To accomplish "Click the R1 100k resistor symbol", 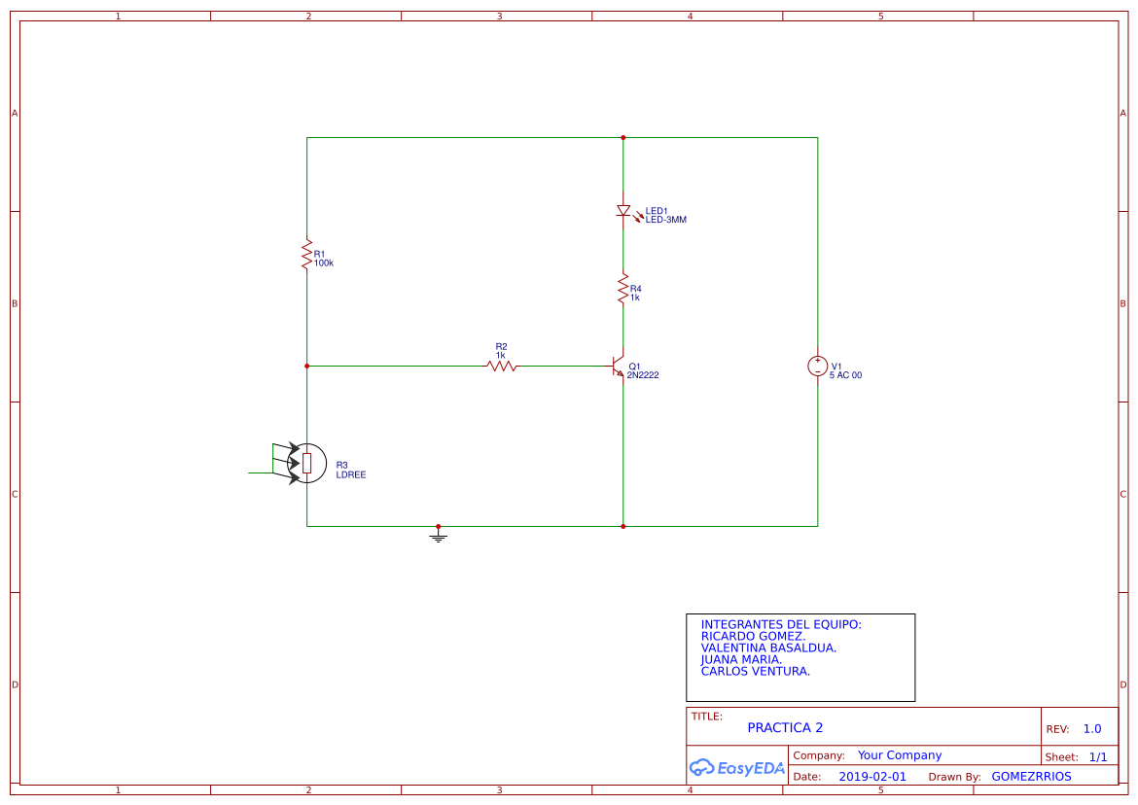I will tap(306, 253).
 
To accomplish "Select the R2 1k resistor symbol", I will tap(502, 367).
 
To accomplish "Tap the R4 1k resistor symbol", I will tap(622, 289).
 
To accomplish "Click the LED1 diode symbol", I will tap(622, 211).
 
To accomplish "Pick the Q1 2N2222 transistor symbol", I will tap(617, 367).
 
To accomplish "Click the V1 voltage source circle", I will tap(817, 367).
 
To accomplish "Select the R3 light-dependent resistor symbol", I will tap(306, 463).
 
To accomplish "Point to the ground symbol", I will tap(439, 535).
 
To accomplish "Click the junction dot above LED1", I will tap(622, 138).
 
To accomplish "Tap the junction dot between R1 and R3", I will tap(306, 367).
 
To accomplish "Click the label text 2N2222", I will tap(643, 375).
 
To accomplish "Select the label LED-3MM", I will tap(666, 220).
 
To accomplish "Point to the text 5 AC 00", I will tap(845, 375).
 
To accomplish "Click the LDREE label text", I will tap(350, 475).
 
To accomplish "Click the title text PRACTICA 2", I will tap(785, 727).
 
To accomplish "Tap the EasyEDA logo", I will tap(736, 767).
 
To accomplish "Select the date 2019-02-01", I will tap(872, 777).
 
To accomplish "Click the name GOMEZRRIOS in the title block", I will tap(1031, 777).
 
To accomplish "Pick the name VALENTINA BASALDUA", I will tap(768, 647).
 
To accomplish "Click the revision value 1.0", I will tap(1092, 729).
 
